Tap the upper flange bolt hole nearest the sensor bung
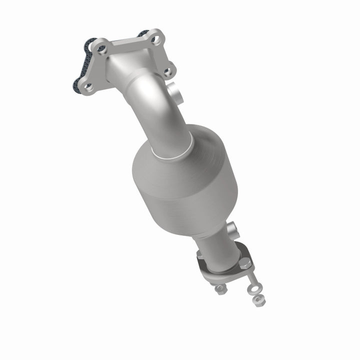[168, 71]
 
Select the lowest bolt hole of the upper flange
[88, 87]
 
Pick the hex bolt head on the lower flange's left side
[200, 254]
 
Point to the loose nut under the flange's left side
[220, 288]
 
